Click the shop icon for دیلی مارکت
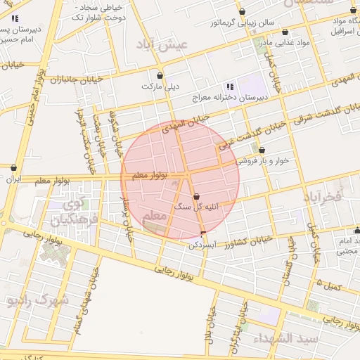pos(160,75)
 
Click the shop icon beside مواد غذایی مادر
pos(285,32)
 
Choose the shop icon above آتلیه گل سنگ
pos(195,196)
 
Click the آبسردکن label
pos(200,245)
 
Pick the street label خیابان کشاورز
pos(232,243)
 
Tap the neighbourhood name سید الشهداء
pos(288,338)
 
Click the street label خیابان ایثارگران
pos(243,326)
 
